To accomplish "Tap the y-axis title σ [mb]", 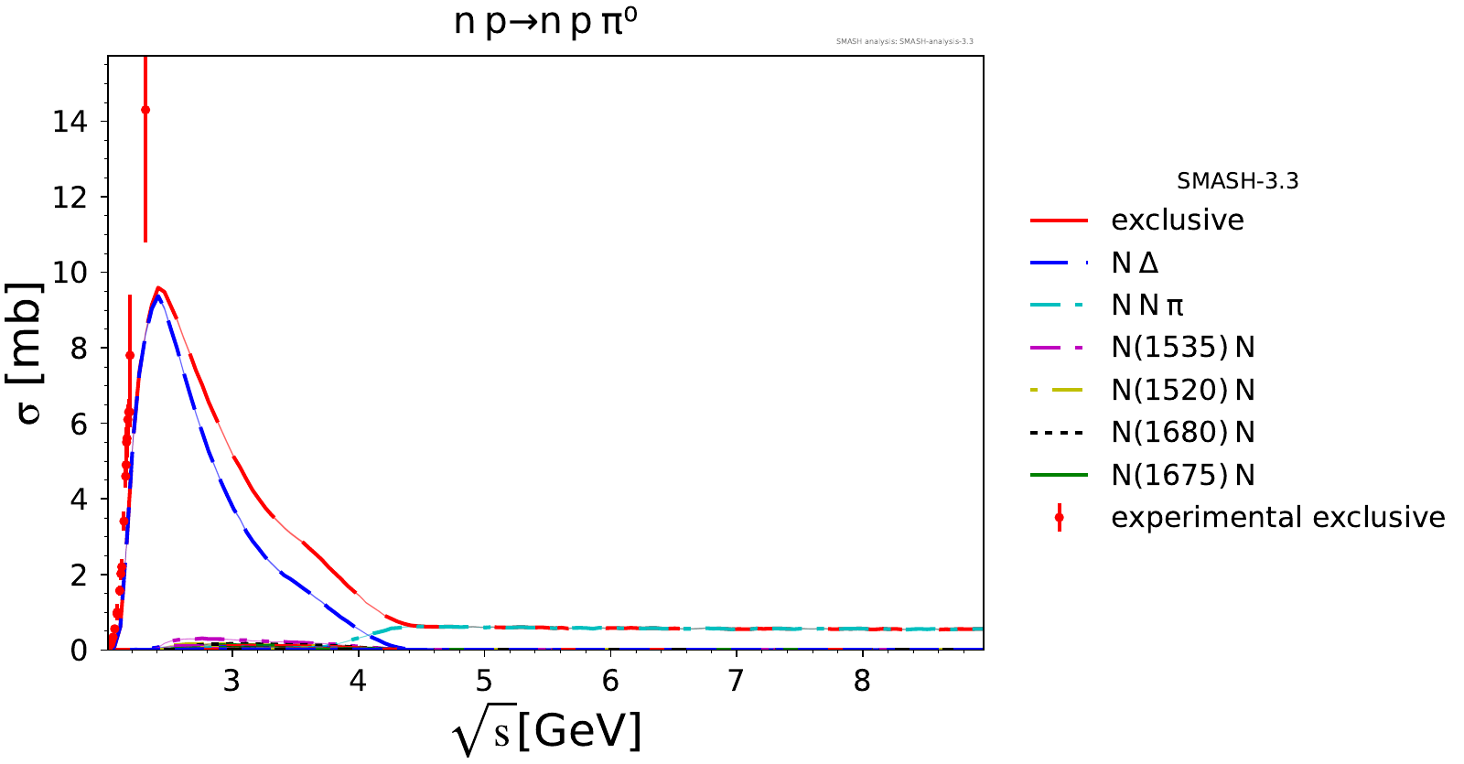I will point(29,353).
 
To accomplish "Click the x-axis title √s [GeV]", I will point(546,732).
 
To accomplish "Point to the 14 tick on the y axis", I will point(70,122).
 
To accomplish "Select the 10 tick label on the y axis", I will point(70,273).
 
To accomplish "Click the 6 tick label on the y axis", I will point(79,424).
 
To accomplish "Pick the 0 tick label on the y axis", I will point(79,651).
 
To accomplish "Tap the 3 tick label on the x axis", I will point(231,682).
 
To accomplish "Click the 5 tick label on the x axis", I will point(484,682).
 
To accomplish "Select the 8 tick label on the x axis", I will point(862,682).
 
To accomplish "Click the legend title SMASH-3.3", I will point(1237,181).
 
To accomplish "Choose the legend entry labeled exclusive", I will point(1177,221).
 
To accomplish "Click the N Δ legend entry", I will point(1135,264).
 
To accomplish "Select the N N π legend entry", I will point(1147,306).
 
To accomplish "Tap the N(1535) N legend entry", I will point(1182,348).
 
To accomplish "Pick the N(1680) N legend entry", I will point(1182,433).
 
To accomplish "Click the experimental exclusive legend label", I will point(1277,518).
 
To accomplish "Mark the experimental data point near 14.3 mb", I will point(145,110).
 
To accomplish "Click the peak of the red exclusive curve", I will point(158,288).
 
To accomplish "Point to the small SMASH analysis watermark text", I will point(904,41).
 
